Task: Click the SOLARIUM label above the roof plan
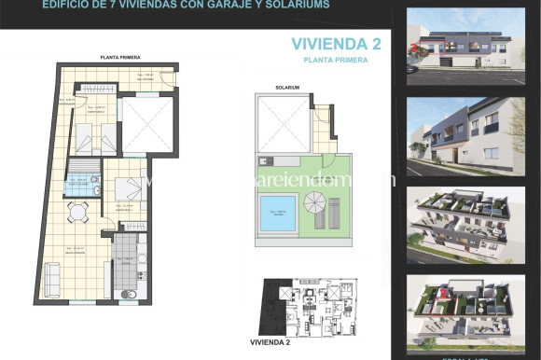(x=287, y=87)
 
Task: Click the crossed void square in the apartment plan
(x=147, y=124)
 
